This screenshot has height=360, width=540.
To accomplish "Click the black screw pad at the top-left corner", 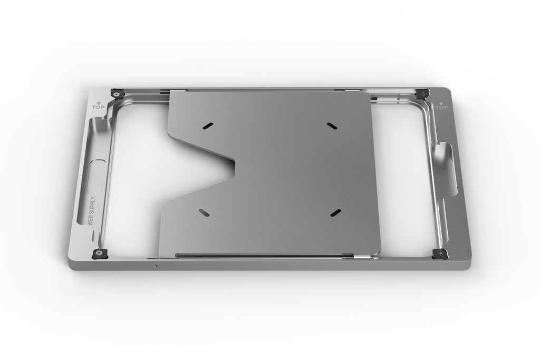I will (115, 94).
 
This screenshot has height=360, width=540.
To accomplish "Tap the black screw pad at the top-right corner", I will (421, 94).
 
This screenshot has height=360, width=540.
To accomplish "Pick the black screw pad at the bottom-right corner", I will (439, 254).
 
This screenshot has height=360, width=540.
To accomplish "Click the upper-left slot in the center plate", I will (208, 125).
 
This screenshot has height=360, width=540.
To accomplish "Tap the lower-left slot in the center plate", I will (203, 212).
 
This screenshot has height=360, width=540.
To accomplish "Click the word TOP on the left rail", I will (98, 107).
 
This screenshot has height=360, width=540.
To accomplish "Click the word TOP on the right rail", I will (441, 108).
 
